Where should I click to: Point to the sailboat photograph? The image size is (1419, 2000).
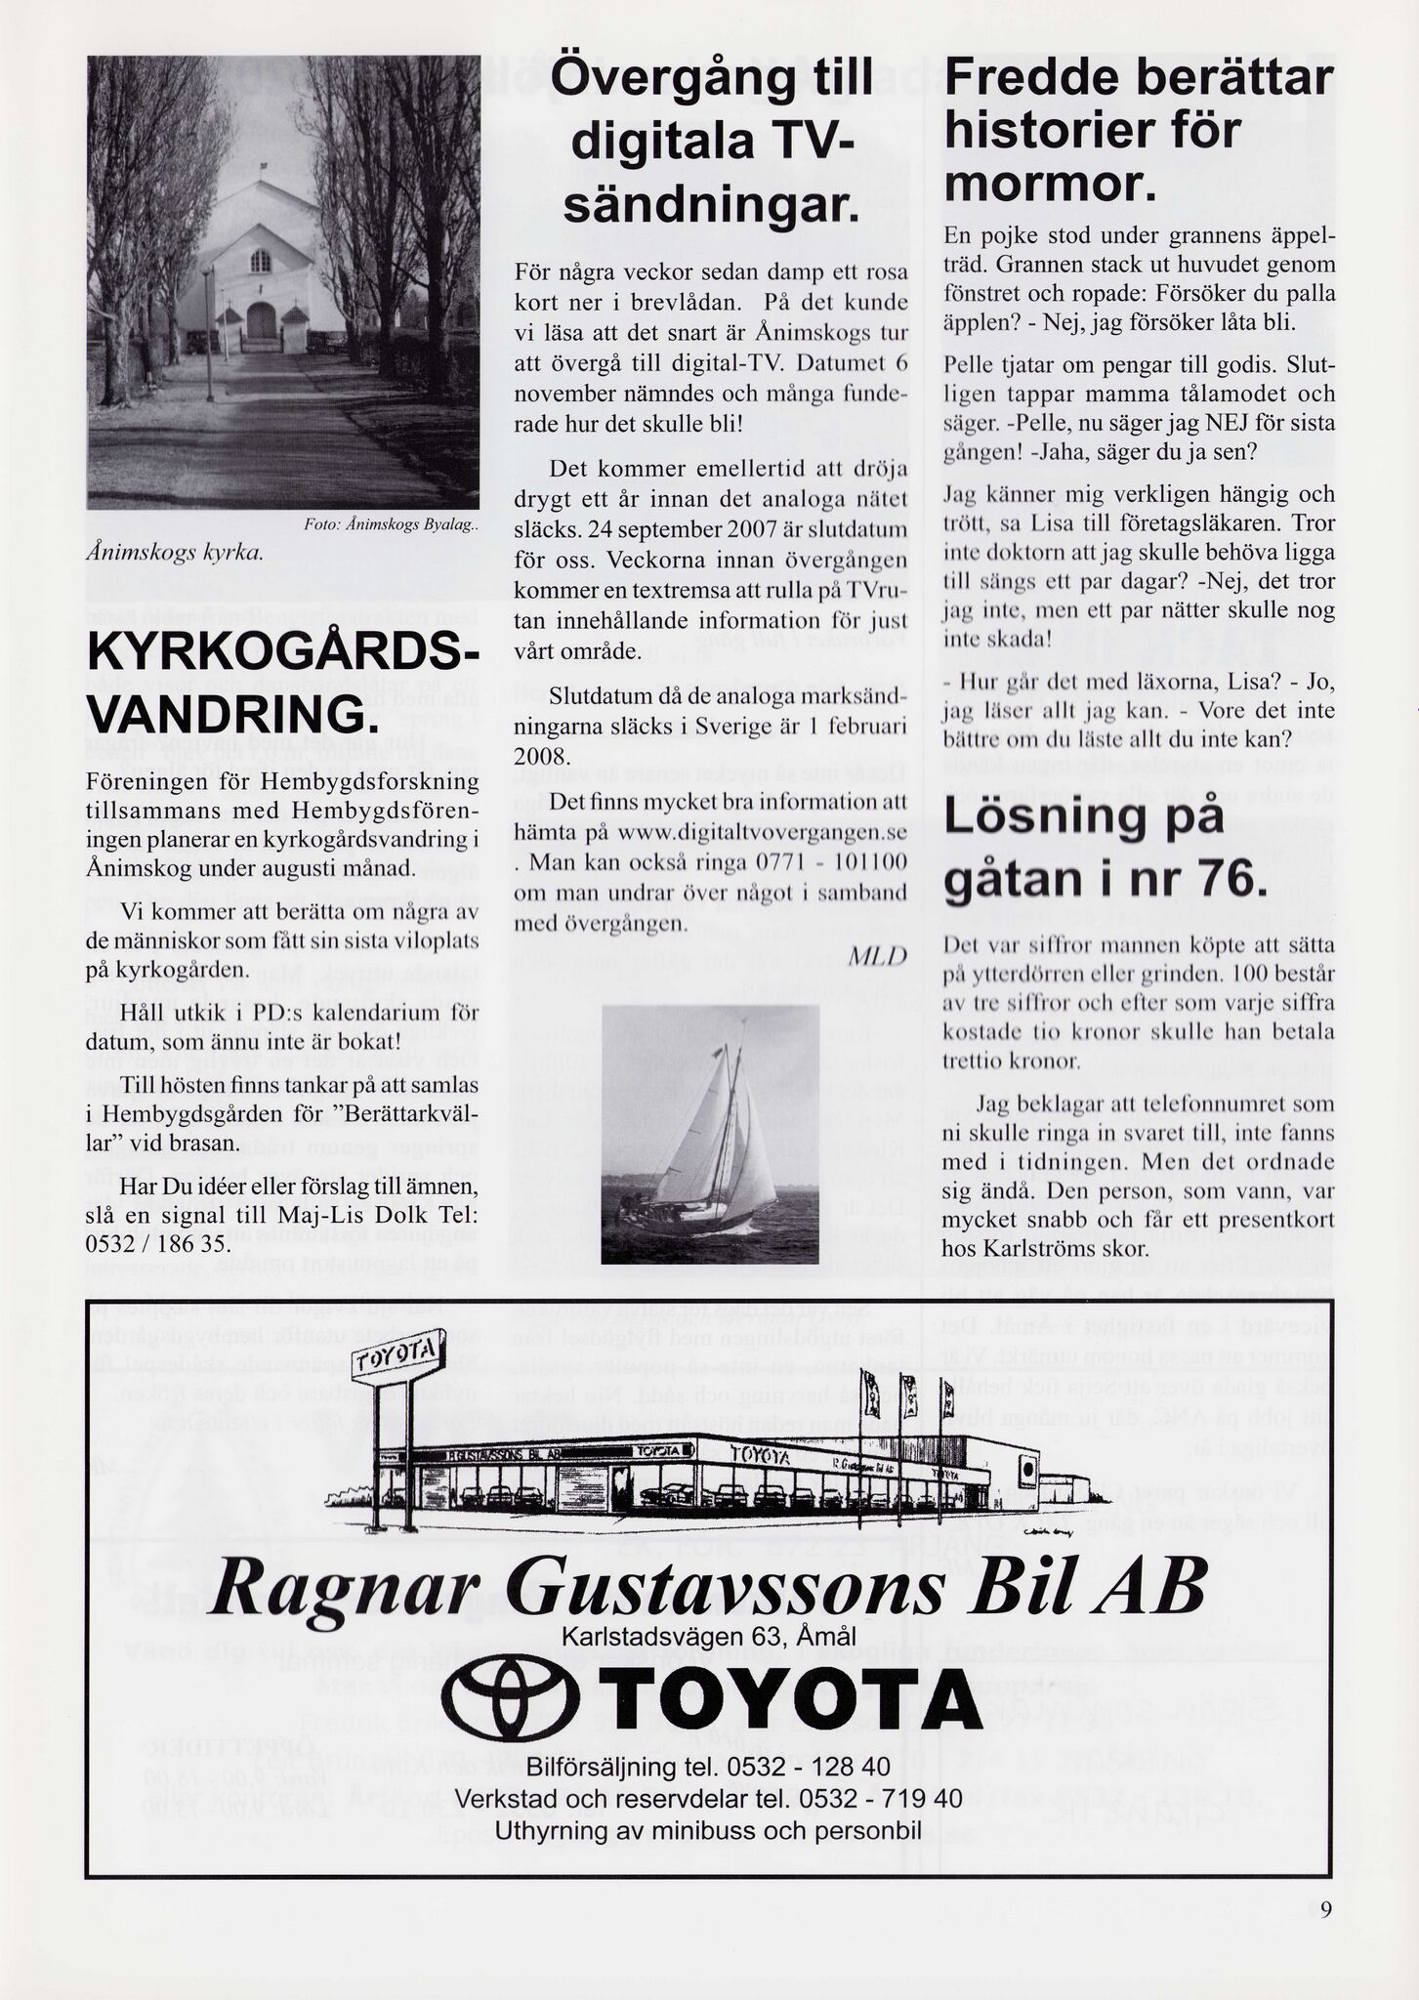coord(710,1134)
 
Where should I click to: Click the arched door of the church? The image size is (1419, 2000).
coord(262,320)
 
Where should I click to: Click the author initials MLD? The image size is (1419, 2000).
coord(877,955)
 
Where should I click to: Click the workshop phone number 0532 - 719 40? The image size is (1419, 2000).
coord(879,1798)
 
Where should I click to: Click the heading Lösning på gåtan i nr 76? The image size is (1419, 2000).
coord(1099,848)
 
